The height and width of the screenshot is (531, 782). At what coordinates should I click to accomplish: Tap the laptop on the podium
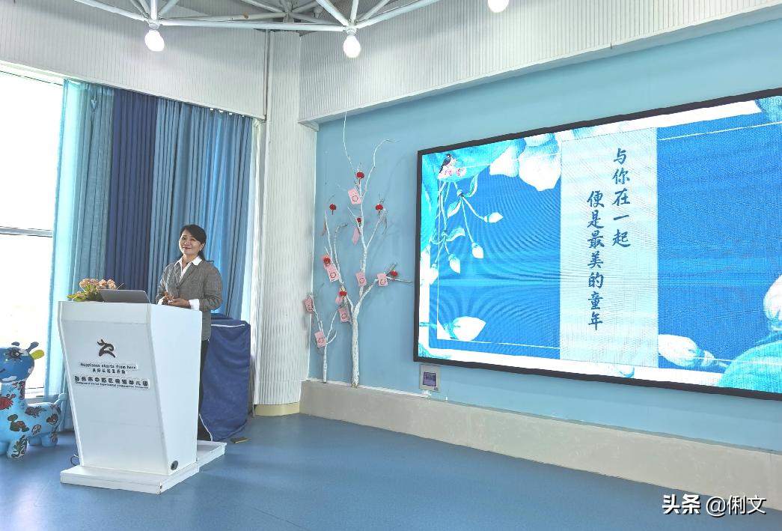124,296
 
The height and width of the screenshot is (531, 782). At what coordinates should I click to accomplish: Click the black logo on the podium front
106,348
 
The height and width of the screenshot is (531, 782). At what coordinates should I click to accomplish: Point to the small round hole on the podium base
174,465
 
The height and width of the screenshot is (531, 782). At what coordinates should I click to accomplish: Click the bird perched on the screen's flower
447,161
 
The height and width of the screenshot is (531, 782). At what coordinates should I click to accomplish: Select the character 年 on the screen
595,322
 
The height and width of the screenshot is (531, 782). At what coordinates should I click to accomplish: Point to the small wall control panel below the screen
429,378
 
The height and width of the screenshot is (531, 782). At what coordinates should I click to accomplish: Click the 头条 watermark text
680,505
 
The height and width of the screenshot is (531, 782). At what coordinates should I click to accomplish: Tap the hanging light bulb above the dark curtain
154,39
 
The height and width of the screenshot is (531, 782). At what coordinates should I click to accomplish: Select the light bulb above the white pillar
352,45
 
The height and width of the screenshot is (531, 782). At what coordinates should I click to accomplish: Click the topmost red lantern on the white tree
360,175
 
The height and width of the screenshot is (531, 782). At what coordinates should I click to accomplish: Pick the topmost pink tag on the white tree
354,196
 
